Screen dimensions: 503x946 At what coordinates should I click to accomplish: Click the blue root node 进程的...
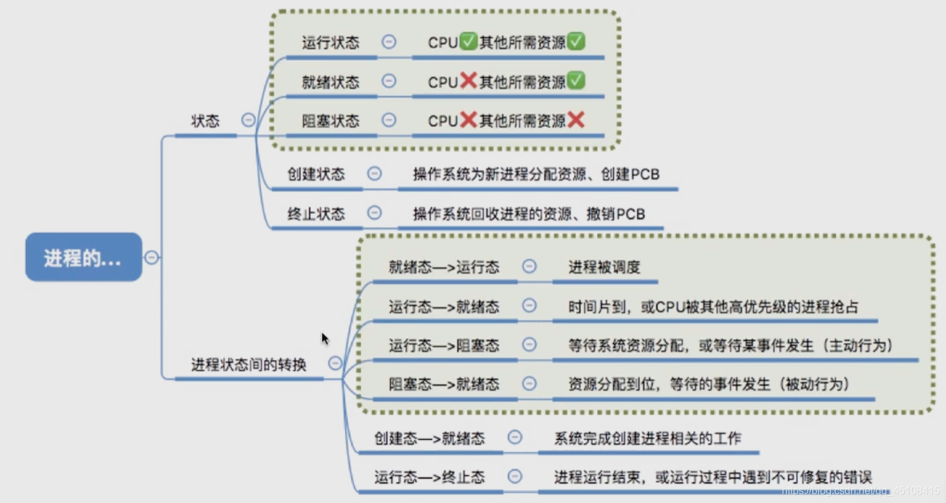tap(83, 257)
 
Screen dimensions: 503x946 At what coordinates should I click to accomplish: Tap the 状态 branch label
tap(205, 121)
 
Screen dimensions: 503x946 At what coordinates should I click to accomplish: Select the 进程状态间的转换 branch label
tap(249, 365)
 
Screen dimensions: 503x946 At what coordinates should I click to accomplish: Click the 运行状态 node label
tap(330, 43)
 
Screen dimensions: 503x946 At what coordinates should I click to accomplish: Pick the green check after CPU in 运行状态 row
tap(468, 43)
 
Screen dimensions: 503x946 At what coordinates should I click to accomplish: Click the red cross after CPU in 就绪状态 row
tap(468, 81)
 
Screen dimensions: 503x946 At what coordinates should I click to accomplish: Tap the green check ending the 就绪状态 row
tap(576, 81)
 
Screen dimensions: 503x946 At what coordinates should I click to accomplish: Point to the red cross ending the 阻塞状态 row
tap(576, 120)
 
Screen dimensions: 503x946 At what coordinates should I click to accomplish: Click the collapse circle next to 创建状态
tap(374, 174)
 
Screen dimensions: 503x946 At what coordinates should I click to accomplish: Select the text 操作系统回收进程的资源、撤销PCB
tap(529, 213)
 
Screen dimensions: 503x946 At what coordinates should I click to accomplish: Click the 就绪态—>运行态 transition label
tap(444, 267)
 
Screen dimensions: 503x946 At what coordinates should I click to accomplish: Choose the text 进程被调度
tap(604, 267)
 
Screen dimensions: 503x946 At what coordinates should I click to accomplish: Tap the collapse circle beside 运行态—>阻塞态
tap(529, 345)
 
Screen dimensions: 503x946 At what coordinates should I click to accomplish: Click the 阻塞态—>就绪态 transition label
tap(444, 384)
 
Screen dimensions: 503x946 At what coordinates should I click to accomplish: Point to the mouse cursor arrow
tap(324, 337)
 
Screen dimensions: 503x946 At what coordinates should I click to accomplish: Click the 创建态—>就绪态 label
tap(430, 438)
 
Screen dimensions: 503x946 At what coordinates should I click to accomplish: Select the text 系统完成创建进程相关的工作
tap(647, 438)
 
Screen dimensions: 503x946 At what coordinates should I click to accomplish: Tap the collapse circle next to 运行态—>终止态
tap(515, 477)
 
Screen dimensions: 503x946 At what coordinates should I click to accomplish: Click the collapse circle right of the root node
tap(151, 257)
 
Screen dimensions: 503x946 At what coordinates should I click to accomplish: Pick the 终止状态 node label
tap(316, 213)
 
